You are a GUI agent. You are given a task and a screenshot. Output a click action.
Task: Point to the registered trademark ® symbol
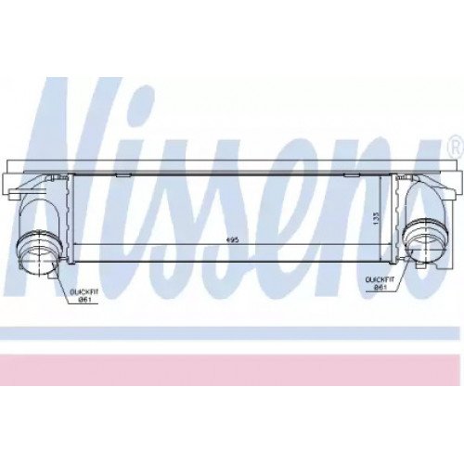pyautogui.click(x=455, y=147)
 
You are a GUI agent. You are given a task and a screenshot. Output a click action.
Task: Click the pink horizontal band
pyautogui.click(x=232, y=369)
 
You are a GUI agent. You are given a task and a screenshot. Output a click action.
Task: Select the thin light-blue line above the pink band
pyautogui.click(x=232, y=331)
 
